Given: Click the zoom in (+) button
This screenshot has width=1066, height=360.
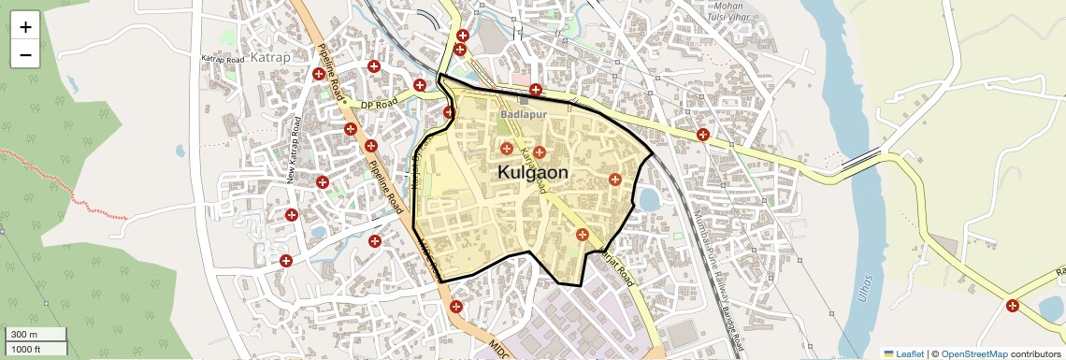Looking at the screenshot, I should (x=25, y=26).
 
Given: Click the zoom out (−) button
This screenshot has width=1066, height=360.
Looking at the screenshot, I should (x=25, y=54).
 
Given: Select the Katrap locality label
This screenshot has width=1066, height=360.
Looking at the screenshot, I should (x=270, y=57).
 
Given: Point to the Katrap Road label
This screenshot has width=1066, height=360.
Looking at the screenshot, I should (x=223, y=58).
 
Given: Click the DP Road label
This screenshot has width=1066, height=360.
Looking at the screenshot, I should (x=380, y=101).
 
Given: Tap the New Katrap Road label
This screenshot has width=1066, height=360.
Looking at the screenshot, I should (x=296, y=150).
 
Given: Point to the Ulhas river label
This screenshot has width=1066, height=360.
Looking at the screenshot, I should (x=865, y=280).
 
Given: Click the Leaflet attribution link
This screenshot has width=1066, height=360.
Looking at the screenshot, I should (x=903, y=353).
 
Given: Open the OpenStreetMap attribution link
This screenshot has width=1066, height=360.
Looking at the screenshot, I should (x=973, y=353).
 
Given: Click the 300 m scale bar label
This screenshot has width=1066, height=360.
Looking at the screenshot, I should (x=24, y=335).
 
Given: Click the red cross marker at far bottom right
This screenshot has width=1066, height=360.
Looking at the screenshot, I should (x=1013, y=306).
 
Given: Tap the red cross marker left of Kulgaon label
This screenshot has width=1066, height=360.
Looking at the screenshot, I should (x=507, y=149).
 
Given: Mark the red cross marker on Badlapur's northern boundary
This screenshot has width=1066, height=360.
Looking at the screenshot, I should (x=535, y=91).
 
